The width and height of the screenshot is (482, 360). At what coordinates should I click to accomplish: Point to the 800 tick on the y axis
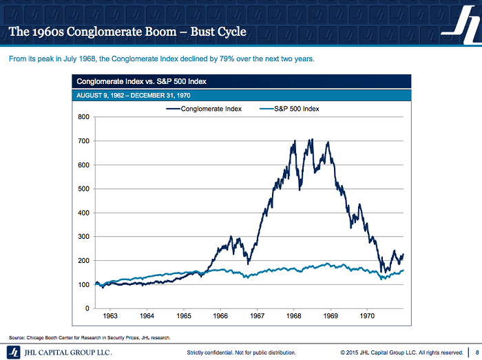coord(83,117)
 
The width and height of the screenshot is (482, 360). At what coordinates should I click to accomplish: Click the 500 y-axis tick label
coord(83,189)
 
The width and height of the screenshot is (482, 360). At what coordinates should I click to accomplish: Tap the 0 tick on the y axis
coord(87,308)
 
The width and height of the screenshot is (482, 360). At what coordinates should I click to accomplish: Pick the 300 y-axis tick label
coord(83,237)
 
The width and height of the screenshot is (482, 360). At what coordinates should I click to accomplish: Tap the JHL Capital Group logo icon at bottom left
coord(13,352)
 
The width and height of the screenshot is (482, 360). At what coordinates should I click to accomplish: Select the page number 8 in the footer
coord(477,352)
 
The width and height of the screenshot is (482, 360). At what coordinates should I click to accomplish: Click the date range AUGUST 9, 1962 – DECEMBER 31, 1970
coord(134,95)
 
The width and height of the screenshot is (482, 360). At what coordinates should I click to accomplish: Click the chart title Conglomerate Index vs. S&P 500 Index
coord(141,81)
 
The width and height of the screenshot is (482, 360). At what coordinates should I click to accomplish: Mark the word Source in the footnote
coord(17,337)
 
